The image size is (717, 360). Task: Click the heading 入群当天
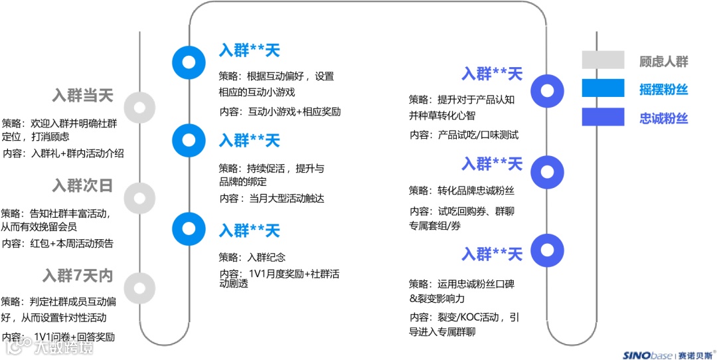click(82, 96)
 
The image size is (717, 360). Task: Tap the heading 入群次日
click(82, 186)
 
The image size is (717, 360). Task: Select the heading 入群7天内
click(78, 275)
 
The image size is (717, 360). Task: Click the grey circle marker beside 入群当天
click(139, 107)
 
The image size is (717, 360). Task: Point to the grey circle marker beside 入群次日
click(139, 197)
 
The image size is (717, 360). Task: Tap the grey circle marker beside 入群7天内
click(139, 288)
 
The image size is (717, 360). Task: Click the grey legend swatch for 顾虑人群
click(603, 60)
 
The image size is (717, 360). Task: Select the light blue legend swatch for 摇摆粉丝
click(603, 89)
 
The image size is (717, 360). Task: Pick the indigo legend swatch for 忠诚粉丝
click(603, 118)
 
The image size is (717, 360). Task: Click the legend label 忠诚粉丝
click(664, 119)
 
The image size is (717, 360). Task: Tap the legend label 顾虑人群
click(664, 62)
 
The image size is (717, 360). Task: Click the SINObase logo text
click(647, 355)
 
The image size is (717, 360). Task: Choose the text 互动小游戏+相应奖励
click(294, 112)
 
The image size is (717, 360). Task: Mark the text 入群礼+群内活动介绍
click(77, 153)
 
